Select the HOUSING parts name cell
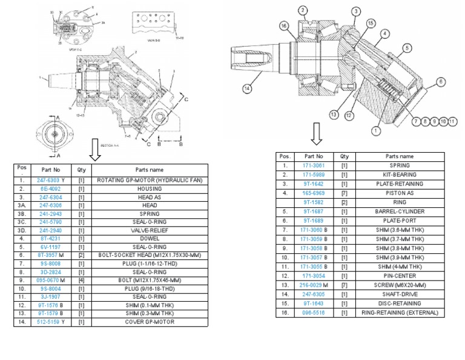149,189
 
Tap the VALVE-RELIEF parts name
149,231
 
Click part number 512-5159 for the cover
53,322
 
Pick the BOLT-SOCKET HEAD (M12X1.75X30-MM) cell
149,256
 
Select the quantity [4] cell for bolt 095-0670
81,281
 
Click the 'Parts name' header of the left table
149,170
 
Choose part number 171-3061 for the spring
314,165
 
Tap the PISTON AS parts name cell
400,193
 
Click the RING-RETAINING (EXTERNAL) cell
400,313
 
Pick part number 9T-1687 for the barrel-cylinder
314,212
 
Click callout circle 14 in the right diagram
246,88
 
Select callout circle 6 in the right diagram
441,81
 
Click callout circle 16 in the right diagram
283,25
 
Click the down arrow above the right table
317,134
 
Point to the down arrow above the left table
94,149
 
